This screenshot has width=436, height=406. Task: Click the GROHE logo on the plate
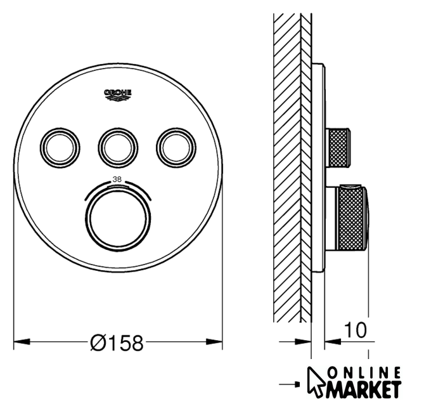coord(118,95)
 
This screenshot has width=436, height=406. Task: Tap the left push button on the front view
coord(60,148)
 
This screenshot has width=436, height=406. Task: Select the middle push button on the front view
coord(118,148)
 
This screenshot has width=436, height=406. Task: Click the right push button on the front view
coord(176,148)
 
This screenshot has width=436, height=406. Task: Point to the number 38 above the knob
coord(117,180)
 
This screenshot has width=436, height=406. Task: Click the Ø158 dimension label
coord(117,343)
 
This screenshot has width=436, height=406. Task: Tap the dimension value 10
coord(356,330)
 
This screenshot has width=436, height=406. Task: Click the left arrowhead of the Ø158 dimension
coord(22,341)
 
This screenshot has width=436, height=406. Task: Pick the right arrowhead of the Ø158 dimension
coord(214,341)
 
